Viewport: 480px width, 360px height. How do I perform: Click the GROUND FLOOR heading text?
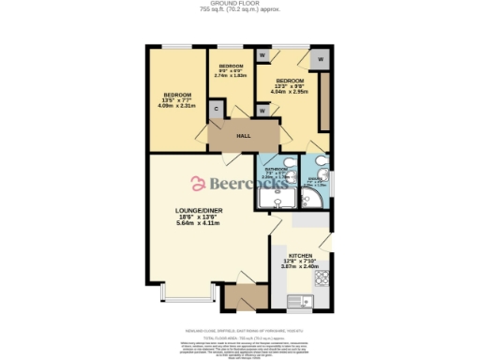click(x=239, y=4)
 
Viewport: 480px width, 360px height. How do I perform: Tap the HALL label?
click(x=243, y=136)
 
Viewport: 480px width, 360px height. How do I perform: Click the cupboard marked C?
click(x=217, y=110)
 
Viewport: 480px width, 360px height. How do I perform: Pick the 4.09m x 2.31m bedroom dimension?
click(x=177, y=104)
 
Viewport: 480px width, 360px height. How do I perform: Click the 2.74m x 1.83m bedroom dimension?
click(x=231, y=76)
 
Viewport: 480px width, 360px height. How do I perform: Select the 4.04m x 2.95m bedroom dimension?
click(x=289, y=91)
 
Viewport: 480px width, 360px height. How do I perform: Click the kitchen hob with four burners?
click(x=322, y=278)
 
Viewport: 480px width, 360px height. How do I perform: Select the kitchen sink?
click(x=302, y=302)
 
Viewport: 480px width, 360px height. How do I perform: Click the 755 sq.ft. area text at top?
click(x=239, y=10)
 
